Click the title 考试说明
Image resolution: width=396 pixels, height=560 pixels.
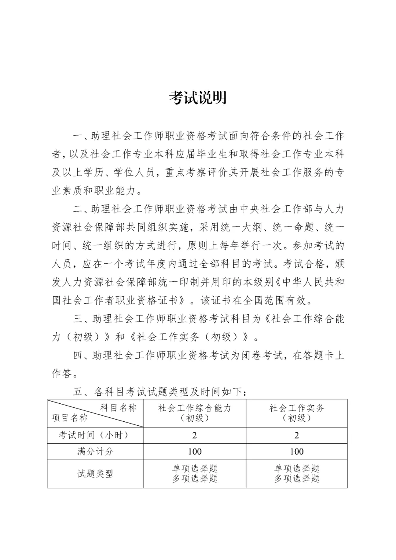(198, 98)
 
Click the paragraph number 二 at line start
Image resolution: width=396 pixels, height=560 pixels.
(78, 209)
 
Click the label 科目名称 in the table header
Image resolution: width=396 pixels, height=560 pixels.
(118, 408)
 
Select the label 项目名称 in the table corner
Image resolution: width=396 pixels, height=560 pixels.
(70, 418)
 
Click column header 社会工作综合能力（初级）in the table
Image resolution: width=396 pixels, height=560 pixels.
(194, 413)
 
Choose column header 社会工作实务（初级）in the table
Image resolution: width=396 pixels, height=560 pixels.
(297, 413)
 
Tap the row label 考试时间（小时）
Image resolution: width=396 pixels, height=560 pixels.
(95, 435)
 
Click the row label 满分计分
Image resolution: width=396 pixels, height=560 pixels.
(95, 451)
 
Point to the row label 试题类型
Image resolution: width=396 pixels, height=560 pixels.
(95, 473)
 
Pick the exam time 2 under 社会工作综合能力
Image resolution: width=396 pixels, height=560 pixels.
(194, 435)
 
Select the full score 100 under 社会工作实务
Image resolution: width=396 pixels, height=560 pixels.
(297, 451)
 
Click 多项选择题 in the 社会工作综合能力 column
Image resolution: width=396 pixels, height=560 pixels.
(195, 479)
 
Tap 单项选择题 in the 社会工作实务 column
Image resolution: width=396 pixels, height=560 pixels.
(297, 468)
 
